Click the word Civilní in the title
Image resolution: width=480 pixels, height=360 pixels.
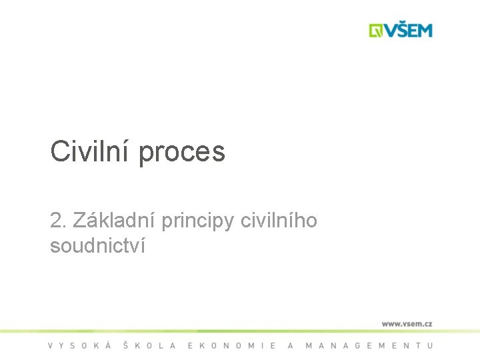[91, 152]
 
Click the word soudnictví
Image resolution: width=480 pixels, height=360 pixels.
[98, 245]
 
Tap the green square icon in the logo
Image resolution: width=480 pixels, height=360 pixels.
[376, 31]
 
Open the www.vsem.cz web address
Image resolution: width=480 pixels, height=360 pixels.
[407, 323]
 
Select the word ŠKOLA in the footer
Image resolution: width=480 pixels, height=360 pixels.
[150, 345]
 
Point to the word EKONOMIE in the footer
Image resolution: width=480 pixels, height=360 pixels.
[232, 345]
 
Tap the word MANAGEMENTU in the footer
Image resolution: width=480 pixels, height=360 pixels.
[369, 345]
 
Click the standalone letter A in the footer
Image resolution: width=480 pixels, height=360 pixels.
[291, 345]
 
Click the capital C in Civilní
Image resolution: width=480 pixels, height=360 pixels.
[59, 152]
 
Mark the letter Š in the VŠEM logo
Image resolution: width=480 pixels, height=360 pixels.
[401, 30]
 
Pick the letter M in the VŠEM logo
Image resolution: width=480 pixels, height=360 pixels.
[424, 31]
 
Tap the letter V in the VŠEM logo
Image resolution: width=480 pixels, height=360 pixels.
[389, 31]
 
